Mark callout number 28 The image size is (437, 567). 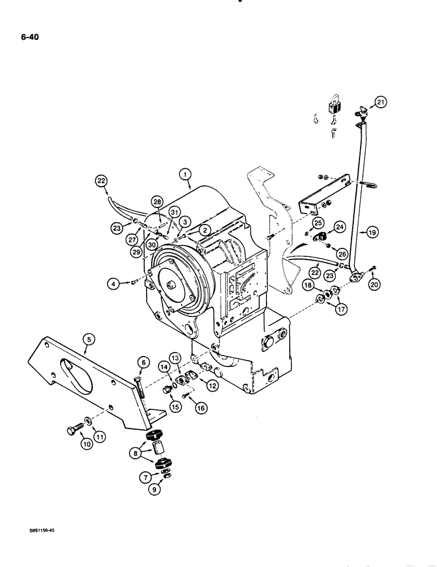point(157,202)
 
